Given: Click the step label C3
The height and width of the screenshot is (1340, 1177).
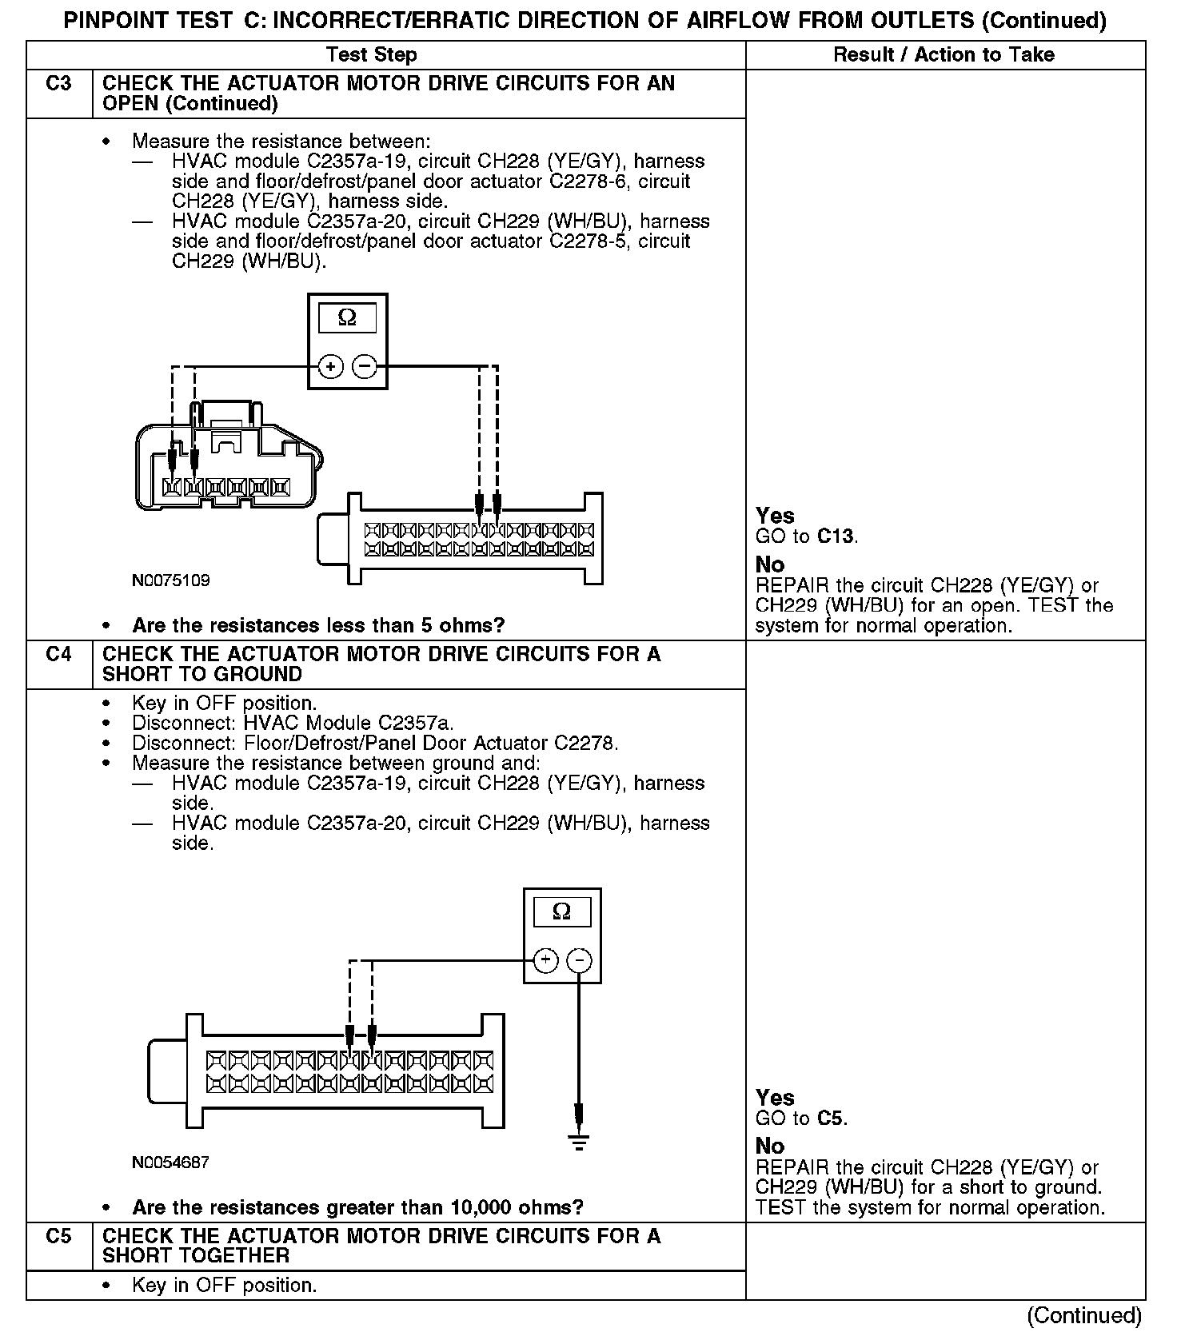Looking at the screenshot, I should point(58,84).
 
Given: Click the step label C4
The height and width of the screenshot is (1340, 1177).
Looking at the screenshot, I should point(58,655).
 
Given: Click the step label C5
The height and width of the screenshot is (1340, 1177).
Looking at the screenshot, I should point(58,1237).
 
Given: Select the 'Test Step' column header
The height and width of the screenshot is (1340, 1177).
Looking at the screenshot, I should point(371,55).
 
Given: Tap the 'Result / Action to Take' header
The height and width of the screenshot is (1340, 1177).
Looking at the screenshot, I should point(944,55).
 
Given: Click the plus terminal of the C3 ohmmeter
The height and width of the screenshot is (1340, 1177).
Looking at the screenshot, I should point(330,367).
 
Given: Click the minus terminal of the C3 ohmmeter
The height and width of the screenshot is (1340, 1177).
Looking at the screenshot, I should point(365,367).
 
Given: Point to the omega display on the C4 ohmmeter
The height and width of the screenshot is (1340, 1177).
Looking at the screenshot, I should point(561,911).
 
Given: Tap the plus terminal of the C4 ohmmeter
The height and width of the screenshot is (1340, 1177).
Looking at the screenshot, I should point(545,959).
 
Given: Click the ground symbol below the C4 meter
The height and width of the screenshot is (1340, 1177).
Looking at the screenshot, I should point(580,1142).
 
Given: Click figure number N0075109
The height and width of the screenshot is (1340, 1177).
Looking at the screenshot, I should point(171,580).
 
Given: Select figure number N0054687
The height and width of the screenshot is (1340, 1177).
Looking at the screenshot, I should point(171,1163).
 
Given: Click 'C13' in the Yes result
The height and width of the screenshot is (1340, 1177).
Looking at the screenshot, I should point(836,536).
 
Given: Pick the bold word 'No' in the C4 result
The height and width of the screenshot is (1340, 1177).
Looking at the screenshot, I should point(770,1146).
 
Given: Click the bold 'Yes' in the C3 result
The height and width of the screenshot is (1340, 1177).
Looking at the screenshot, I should point(775,516).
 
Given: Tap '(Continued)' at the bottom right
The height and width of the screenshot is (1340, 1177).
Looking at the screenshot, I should point(1084,1315).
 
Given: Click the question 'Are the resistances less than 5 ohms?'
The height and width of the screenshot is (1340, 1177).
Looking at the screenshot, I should point(318,625).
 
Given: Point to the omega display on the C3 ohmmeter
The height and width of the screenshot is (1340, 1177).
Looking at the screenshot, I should point(347,318).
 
